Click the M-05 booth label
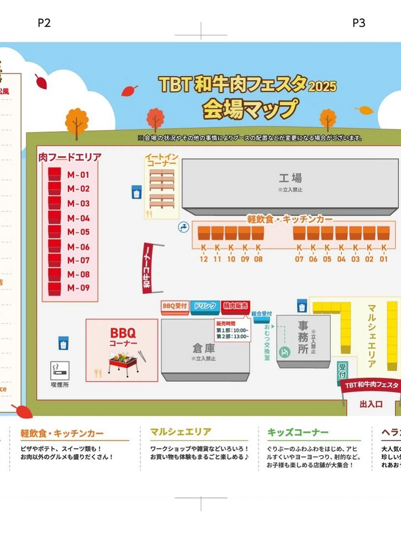pyautogui.click(x=79, y=232)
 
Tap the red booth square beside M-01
pyautogui.click(x=54, y=174)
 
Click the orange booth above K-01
pyautogui.click(x=383, y=233)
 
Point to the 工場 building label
pyautogui.click(x=290, y=178)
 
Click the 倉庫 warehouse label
pyautogui.click(x=204, y=349)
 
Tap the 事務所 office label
pyautogui.click(x=303, y=337)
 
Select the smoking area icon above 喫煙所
pyautogui.click(x=60, y=371)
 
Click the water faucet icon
pyautogui.click(x=184, y=227)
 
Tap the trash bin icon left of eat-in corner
pyautogui.click(x=136, y=192)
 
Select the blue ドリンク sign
pyautogui.click(x=205, y=306)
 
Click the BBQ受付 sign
pyautogui.click(x=175, y=306)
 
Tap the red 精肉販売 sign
pyautogui.click(x=235, y=306)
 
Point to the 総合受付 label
pyautogui.click(x=261, y=314)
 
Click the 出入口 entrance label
pyautogui.click(x=371, y=404)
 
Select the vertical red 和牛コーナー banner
pyautogui.click(x=147, y=268)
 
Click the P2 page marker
pyautogui.click(x=44, y=23)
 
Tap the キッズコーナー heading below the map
pyautogui.click(x=298, y=432)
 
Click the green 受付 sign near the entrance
pyautogui.click(x=342, y=371)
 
